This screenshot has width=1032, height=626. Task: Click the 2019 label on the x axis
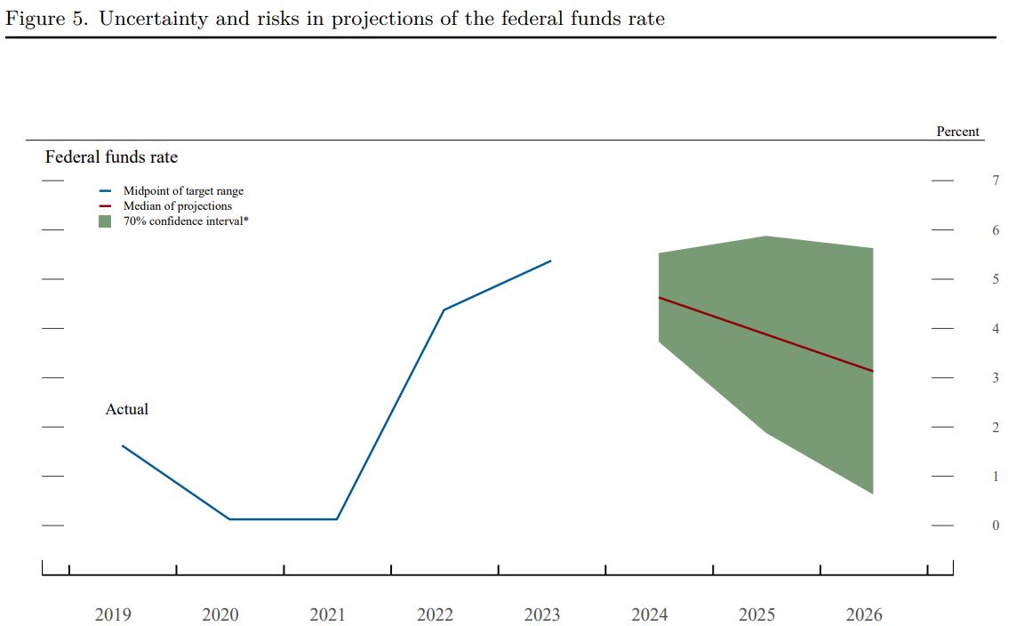113,614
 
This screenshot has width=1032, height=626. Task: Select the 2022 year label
435,614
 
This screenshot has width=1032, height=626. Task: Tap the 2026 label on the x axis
864,614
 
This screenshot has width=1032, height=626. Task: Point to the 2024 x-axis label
649,614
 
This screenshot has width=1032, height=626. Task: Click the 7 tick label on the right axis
996,181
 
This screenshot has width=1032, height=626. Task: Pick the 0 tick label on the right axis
996,526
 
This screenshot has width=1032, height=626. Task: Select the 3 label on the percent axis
996,378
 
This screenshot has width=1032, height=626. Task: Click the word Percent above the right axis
957,132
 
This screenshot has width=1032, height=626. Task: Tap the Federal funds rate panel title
111,157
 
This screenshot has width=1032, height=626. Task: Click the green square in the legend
105,221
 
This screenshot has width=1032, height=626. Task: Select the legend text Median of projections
177,205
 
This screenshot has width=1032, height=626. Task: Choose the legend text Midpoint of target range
183,191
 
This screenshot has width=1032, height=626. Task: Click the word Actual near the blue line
127,409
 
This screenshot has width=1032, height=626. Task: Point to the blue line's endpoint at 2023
551,261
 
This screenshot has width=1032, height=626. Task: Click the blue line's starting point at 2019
123,445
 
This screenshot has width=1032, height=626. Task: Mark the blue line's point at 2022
444,309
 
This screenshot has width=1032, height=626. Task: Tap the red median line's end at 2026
872,371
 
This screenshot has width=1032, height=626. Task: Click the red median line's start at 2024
659,297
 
